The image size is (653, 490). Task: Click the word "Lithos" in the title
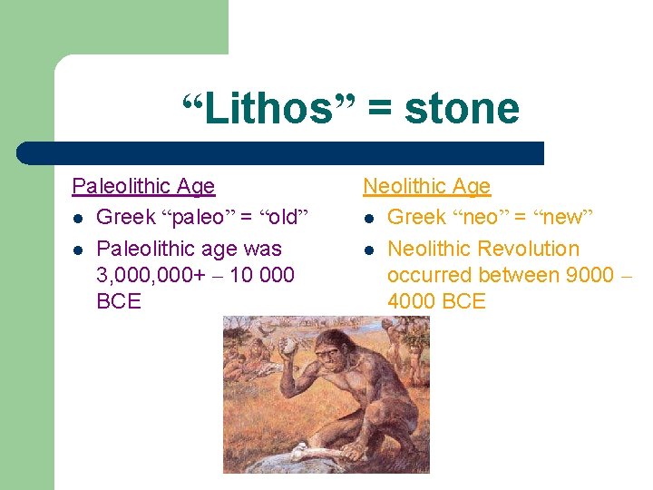coord(258,109)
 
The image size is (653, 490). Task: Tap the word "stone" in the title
coord(462,109)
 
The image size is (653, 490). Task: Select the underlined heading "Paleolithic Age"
coord(143,187)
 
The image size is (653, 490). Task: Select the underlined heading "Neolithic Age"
coord(426,187)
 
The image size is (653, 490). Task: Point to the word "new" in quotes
coord(563,218)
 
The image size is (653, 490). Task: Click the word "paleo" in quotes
coord(200,218)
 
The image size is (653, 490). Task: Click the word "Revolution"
coord(528,249)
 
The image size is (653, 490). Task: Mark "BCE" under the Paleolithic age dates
coord(119,301)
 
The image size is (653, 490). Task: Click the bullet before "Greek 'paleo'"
coord(79,219)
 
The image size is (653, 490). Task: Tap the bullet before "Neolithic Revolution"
coord(370,250)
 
